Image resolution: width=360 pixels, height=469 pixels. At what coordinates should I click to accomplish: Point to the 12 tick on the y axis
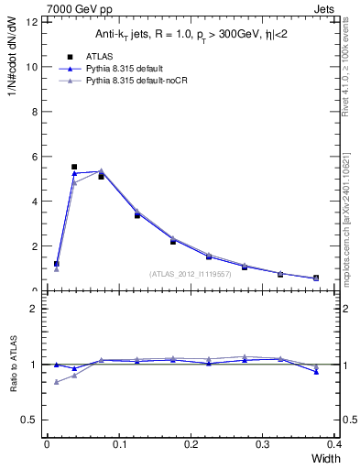click(x=33, y=22)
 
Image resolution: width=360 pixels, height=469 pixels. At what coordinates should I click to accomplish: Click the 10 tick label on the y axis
click(x=33, y=67)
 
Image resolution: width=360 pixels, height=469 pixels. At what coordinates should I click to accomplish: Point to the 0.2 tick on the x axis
click(x=191, y=445)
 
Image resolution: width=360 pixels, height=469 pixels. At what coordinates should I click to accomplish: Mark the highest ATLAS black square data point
click(x=74, y=167)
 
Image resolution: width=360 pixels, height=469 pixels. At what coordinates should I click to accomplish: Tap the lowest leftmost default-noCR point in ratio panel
click(x=57, y=382)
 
